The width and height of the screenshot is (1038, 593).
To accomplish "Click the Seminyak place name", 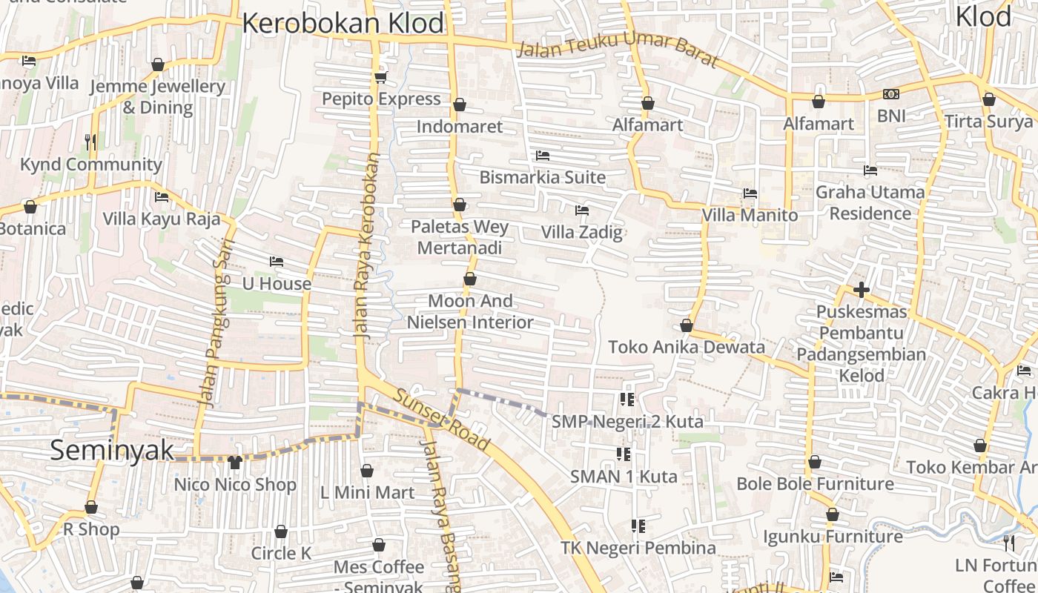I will [112, 450].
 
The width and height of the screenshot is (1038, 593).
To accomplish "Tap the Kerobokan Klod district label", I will [343, 24].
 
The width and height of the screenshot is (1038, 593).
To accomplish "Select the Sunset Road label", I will [442, 420].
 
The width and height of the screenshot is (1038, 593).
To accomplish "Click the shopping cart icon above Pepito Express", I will [381, 76].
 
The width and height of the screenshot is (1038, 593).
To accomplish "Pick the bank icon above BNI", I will [891, 94].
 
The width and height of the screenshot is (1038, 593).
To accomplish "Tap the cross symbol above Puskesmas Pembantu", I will [861, 289].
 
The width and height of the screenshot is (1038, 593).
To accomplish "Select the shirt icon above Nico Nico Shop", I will [235, 463].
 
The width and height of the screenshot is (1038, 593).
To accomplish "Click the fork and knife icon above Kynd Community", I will [90, 142].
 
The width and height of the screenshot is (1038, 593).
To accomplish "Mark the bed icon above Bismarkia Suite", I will [543, 156].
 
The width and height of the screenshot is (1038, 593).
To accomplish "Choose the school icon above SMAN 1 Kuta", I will [624, 454].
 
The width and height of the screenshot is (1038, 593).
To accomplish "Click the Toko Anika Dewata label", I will [686, 347].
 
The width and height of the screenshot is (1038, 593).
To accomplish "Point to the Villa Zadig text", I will [581, 232].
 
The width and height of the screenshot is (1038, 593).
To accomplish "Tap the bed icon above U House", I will [277, 262].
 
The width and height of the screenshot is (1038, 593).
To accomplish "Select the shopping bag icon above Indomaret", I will [460, 105].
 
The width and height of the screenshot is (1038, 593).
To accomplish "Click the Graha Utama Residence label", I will [870, 202].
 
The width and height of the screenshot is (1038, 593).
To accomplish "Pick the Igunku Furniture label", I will [833, 536].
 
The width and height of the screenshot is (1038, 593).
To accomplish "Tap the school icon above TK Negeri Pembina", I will [638, 526].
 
